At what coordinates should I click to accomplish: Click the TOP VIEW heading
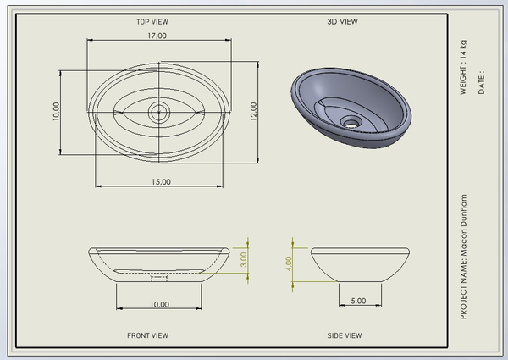[x=152, y=22]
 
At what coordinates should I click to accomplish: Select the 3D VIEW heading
[x=342, y=22]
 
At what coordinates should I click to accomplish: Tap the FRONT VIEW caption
[x=147, y=335]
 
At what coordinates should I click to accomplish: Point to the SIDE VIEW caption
[x=345, y=335]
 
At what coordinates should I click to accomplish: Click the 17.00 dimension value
[x=157, y=36]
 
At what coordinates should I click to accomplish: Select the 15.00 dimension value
[x=161, y=182]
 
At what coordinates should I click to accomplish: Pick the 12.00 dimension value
[x=253, y=112]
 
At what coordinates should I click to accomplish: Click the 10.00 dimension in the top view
[x=56, y=112]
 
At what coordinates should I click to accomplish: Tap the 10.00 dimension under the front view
[x=159, y=305]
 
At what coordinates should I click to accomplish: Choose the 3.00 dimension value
[x=244, y=259]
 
